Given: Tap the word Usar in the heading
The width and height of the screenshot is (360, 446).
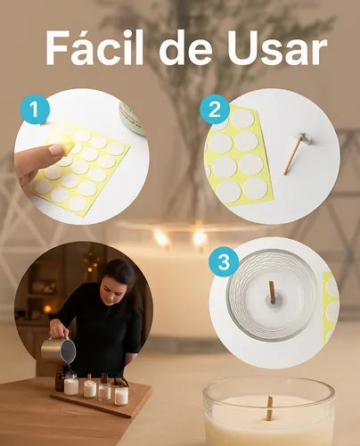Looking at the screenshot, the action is [277, 48].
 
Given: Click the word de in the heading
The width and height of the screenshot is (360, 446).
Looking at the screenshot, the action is [185, 47].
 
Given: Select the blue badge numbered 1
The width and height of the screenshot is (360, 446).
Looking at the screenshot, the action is [35, 109].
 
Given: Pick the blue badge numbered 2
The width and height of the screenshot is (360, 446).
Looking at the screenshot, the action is [215, 109].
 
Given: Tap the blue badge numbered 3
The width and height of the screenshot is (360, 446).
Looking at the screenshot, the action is [224, 261].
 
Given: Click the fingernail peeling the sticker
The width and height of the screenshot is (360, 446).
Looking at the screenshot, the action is [56, 149].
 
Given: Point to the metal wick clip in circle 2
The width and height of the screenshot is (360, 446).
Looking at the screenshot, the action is [305, 137].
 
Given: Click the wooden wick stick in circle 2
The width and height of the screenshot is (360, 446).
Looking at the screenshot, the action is [292, 157].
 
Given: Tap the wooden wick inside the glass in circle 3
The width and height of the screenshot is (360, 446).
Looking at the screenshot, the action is [272, 293].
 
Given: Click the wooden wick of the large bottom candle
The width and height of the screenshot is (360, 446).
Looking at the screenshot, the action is [269, 409].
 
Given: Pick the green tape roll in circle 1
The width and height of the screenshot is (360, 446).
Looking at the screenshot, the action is [132, 119].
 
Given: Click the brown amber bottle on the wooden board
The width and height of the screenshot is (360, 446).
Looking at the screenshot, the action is [60, 382].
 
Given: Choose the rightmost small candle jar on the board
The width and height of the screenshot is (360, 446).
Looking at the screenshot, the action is [121, 395].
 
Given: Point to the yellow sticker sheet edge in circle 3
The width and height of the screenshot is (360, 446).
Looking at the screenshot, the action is [331, 309].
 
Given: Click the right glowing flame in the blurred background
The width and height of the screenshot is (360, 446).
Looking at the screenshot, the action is [200, 238].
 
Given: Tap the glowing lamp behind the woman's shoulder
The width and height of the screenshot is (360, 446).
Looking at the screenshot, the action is [47, 310].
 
